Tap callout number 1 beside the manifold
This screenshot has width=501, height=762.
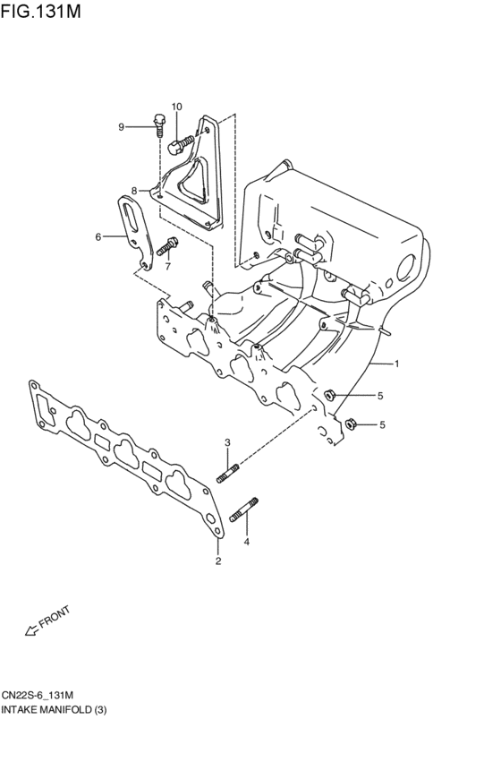[x=397, y=364]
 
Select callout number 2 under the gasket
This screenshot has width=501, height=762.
[x=217, y=561]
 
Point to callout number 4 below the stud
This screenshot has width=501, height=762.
[x=246, y=542]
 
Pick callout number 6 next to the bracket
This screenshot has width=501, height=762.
[x=98, y=236]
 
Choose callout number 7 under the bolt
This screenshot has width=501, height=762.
[x=166, y=266]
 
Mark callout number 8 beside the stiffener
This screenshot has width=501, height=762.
[x=133, y=191]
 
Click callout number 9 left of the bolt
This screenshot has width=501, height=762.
[x=121, y=126]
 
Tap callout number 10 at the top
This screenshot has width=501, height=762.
[x=176, y=107]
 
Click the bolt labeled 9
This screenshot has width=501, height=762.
[x=159, y=124]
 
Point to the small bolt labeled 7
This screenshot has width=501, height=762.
[x=167, y=246]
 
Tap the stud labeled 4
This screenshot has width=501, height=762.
[x=244, y=510]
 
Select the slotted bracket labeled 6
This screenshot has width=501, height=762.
[x=133, y=228]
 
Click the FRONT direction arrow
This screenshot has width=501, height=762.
[x=30, y=632]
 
